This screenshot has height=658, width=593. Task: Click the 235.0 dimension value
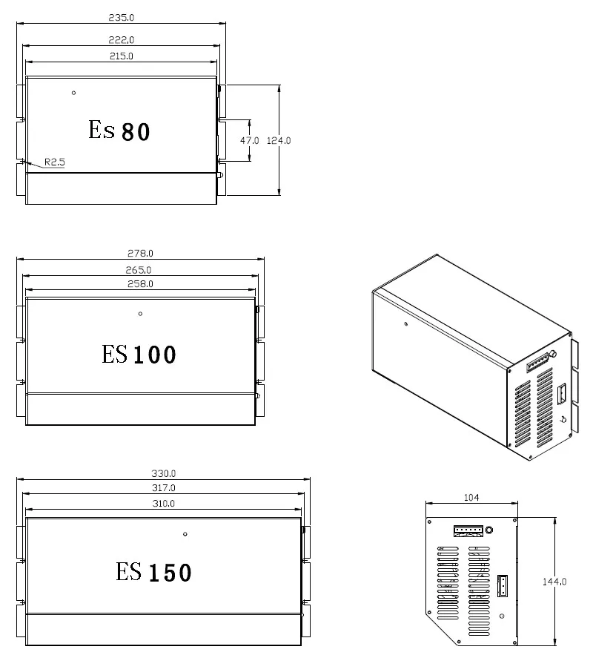pos(122,18)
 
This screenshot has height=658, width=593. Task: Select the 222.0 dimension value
pos(122,40)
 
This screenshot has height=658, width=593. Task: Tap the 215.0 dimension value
pos(122,56)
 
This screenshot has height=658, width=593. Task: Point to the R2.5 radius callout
pos(55,162)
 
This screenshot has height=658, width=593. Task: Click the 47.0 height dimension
pos(249,141)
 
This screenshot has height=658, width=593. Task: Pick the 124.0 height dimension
pos(279,141)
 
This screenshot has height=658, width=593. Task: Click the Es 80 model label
pos(119,131)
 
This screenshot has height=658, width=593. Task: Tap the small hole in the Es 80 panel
pos(74,93)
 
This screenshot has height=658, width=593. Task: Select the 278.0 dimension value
pos(140,254)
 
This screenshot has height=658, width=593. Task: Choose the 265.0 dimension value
pos(139,270)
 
